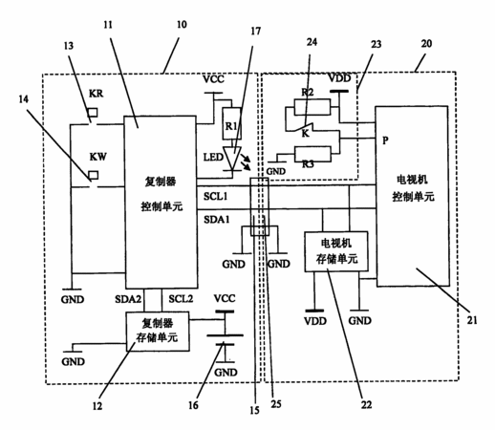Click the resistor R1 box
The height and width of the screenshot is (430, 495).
tap(231, 123)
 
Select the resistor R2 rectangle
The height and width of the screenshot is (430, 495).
tap(312, 107)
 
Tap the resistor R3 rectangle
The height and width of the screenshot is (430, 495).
tap(312, 155)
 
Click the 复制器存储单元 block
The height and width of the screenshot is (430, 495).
tap(158, 332)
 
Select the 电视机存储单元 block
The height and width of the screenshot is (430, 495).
tap(336, 251)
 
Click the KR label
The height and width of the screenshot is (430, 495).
tap(96, 94)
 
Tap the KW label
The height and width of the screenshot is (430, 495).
tap(97, 157)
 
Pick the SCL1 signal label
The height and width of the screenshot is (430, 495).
tap(216, 196)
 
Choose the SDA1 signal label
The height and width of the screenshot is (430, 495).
tap(217, 220)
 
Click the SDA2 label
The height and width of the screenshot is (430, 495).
tap(128, 299)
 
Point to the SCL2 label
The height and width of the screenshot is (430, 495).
tap(181, 299)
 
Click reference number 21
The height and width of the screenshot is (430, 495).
tap(472, 320)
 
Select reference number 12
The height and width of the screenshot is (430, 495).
tap(97, 406)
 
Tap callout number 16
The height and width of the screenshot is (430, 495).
tap(193, 405)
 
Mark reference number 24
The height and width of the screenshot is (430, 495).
tap(312, 42)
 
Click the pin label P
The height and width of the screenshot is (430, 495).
tap(385, 140)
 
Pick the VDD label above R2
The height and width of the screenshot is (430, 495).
tap(339, 78)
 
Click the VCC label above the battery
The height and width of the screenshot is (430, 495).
tap(225, 298)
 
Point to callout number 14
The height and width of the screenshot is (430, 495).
tap(23, 99)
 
